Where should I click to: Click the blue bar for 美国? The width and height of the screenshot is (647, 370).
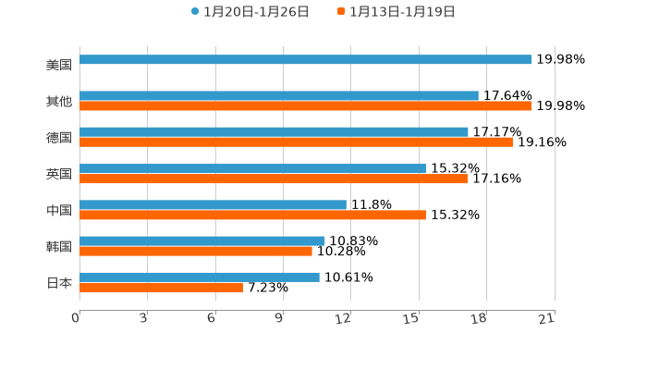point(305,60)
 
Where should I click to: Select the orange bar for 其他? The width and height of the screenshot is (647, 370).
point(305,106)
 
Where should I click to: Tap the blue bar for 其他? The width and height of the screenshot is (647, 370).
point(278,95)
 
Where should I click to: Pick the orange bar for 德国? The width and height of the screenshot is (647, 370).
point(296,142)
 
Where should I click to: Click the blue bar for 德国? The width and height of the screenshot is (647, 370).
point(274,131)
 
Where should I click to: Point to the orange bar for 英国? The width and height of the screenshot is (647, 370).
point(274,179)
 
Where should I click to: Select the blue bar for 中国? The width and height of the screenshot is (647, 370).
point(213,204)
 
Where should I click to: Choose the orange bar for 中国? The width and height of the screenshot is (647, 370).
point(252,215)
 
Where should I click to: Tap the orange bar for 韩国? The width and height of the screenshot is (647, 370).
point(196,251)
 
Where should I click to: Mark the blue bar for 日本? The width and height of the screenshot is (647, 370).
point(200,277)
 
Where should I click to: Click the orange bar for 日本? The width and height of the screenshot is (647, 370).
point(161,287)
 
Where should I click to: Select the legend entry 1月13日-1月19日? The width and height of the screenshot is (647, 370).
point(402,12)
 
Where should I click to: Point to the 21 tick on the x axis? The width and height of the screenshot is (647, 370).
point(546,319)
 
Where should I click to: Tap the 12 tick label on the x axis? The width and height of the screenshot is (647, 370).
point(344,319)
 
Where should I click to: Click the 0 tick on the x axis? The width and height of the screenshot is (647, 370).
point(76,319)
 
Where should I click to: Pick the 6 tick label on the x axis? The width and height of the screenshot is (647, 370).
point(212,319)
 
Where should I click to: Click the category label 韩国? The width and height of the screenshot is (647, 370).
point(59,246)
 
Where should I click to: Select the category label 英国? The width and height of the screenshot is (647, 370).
point(59,174)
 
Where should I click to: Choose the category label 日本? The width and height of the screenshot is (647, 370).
point(59,282)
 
